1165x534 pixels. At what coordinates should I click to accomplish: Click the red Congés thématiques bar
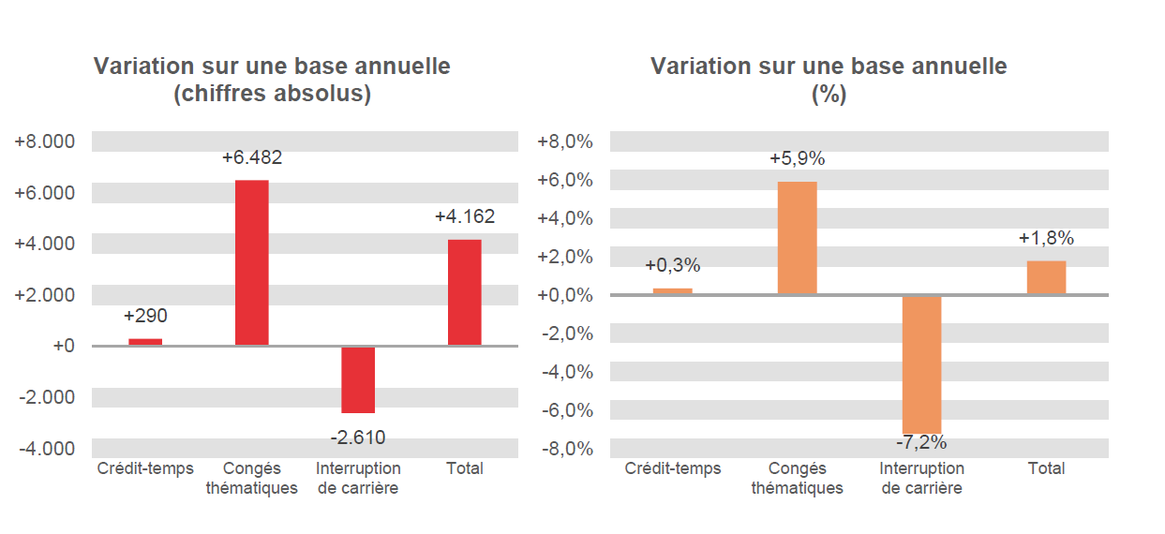point(251,262)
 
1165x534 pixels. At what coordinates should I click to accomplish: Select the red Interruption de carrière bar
point(358,379)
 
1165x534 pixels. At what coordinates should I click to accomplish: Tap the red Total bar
point(465,292)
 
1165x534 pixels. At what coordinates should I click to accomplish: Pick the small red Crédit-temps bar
point(145,342)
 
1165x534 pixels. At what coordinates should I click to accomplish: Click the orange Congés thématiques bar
point(797,238)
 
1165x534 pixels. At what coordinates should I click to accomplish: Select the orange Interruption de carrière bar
point(921,364)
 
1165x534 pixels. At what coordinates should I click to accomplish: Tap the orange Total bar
point(1046,277)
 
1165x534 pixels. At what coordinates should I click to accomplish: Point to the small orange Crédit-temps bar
point(672,291)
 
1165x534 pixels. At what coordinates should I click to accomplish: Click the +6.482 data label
point(251,158)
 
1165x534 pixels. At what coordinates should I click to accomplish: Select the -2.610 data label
point(358,437)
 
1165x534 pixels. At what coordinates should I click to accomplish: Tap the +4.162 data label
point(465,217)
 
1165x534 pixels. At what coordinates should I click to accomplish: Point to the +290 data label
point(145,316)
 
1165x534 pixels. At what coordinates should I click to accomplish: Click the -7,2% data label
point(921,442)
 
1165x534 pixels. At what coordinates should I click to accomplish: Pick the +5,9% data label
point(797,159)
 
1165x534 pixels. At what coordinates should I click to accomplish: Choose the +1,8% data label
point(1046,238)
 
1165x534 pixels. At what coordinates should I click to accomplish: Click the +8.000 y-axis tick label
point(44,142)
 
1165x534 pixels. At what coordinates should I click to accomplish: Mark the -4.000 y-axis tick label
point(46,448)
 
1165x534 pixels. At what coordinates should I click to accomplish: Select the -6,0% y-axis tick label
point(565,410)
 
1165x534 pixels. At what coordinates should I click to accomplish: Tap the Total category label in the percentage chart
point(1046,468)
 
